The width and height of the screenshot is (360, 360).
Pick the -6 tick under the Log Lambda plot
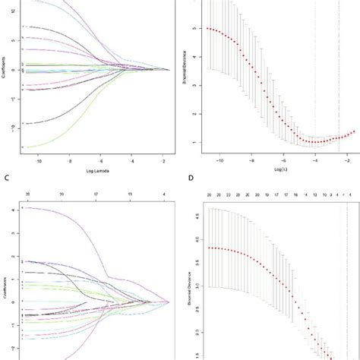tap(101, 161)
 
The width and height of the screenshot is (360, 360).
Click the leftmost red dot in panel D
tap(210, 248)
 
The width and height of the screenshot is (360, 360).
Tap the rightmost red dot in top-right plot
tap(353, 131)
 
